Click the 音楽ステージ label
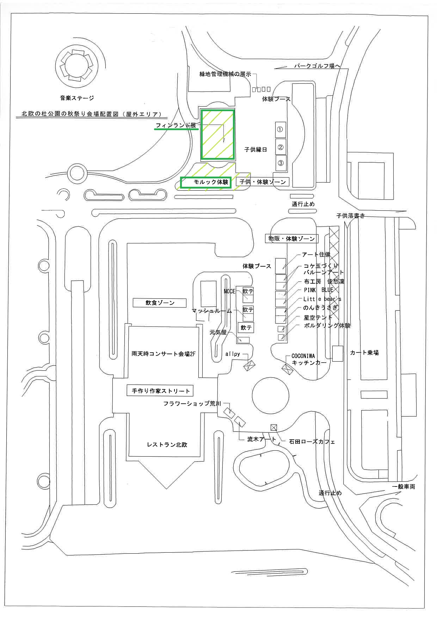click(77, 98)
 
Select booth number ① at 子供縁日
click(280, 129)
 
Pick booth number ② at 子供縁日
click(281, 147)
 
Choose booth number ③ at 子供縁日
click(281, 163)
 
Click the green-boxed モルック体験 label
click(206, 182)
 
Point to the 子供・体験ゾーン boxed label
click(263, 182)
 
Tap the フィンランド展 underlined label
click(176, 125)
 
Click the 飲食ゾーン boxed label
click(160, 303)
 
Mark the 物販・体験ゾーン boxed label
click(291, 238)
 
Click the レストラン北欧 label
click(167, 445)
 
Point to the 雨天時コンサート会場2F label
click(163, 354)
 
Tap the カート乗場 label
click(364, 352)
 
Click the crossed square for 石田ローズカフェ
click(273, 428)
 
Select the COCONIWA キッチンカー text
click(307, 359)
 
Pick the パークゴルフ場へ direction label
click(316, 66)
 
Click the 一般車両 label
click(404, 487)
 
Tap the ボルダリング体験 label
click(327, 326)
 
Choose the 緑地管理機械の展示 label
click(225, 74)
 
